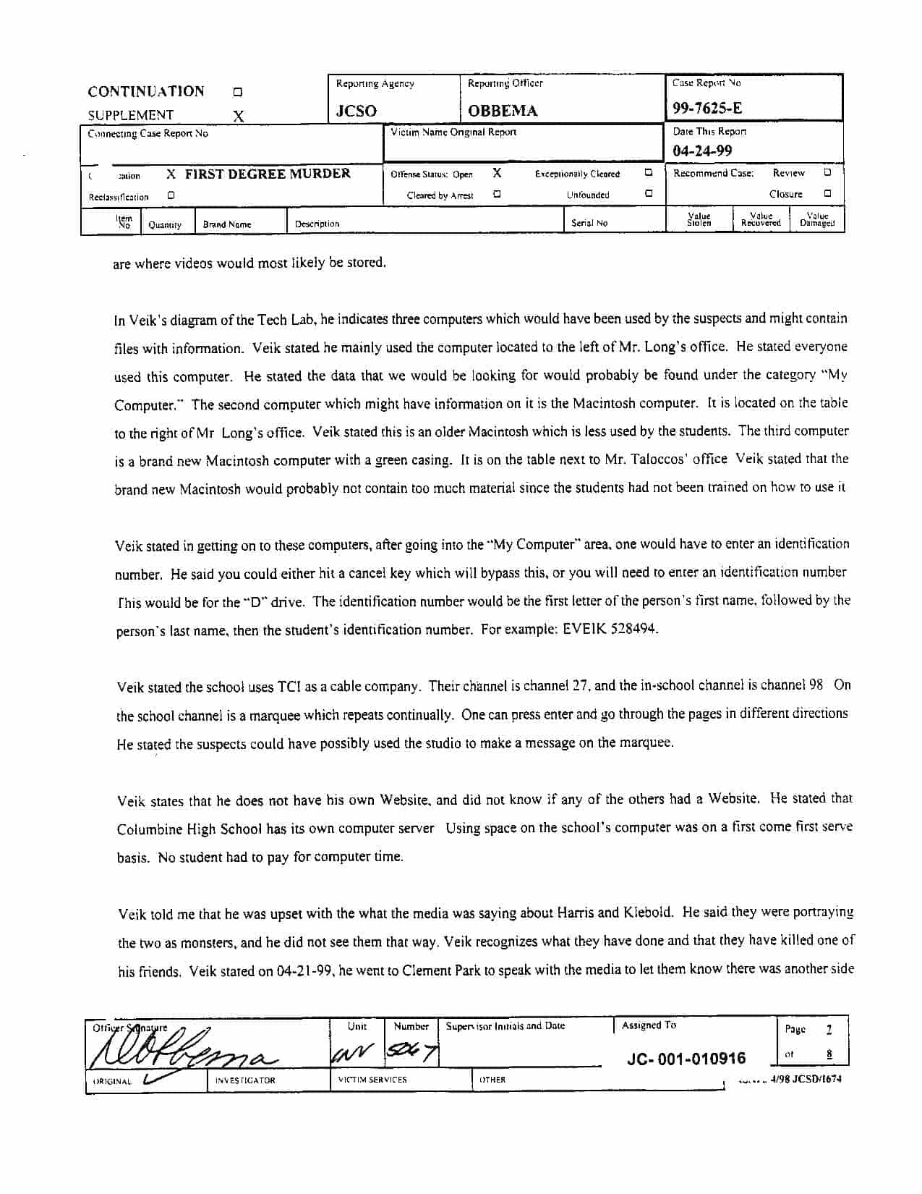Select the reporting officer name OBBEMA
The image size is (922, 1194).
click(x=503, y=111)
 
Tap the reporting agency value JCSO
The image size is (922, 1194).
click(x=356, y=111)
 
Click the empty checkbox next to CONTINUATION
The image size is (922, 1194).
click(x=237, y=93)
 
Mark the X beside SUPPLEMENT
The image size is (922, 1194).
click(x=239, y=116)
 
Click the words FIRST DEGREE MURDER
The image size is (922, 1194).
click(x=268, y=174)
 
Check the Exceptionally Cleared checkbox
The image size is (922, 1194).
click(x=649, y=173)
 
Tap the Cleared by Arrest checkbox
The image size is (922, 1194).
click(x=497, y=194)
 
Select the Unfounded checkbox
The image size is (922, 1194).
click(x=649, y=194)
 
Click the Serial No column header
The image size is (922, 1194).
click(x=589, y=223)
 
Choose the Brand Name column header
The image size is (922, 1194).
click(x=227, y=224)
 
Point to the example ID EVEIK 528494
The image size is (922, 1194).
click(x=608, y=629)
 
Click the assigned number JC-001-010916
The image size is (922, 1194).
click(x=686, y=1059)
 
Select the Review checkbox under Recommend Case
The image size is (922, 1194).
click(x=827, y=173)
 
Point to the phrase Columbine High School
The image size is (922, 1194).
click(x=189, y=829)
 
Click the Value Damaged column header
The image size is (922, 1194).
click(x=817, y=220)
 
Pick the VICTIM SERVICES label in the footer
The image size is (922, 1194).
click(x=372, y=1080)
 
